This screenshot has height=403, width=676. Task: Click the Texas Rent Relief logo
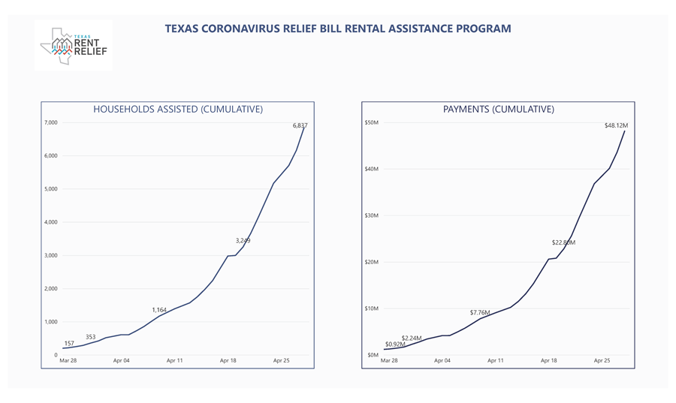coord(74,46)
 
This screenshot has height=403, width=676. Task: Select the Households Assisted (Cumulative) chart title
coord(178,110)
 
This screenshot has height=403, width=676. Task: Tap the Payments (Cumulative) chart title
coord(499,110)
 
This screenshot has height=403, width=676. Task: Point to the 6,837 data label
coord(300,125)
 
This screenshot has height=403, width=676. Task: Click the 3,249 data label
coord(243,241)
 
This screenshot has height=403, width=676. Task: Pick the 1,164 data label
coord(159,310)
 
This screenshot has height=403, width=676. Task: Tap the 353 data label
coord(90,337)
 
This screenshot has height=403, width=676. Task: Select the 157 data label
coord(69,344)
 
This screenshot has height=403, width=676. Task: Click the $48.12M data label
coord(616,125)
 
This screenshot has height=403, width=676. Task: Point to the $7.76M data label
coord(480,312)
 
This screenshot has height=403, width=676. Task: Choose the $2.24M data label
coord(412,338)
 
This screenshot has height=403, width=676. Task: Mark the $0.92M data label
coord(395,344)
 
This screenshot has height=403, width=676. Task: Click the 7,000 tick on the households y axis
coord(50,122)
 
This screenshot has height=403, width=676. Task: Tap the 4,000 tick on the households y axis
coord(50,222)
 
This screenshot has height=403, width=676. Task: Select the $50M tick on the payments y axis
coord(372,122)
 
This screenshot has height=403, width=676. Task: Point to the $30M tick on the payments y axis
coord(372,215)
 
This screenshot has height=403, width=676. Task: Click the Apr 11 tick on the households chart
coord(174,361)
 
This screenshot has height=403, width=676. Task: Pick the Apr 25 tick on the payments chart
coord(602,361)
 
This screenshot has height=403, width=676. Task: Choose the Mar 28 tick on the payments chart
coord(389,361)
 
